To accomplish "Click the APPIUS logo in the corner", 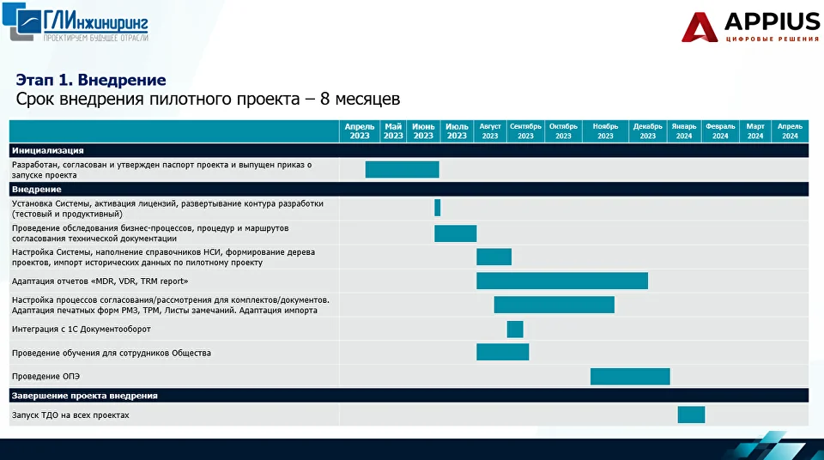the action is [750, 27].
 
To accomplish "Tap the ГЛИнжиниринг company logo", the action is [76, 22].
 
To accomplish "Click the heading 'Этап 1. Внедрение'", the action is [91, 80].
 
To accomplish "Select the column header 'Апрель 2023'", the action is [360, 131].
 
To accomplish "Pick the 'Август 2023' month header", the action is [490, 131].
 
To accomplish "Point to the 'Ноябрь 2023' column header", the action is [605, 131].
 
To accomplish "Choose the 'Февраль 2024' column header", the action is [720, 131].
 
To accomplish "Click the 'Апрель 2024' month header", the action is [790, 131].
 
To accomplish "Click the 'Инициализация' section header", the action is [48, 150].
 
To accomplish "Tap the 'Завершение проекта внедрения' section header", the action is [85, 396].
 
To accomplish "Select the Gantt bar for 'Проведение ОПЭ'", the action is [630, 377].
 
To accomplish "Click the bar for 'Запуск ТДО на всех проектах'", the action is [691, 415].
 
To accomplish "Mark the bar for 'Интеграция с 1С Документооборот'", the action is [515, 329].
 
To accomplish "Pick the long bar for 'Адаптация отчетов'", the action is [562, 281].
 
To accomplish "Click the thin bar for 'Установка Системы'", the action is [437, 208].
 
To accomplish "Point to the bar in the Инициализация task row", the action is [402, 169].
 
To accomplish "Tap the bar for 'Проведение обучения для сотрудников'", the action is [503, 352].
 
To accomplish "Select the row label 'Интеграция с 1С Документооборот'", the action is [82, 329].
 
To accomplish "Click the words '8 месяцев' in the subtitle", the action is [360, 99].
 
